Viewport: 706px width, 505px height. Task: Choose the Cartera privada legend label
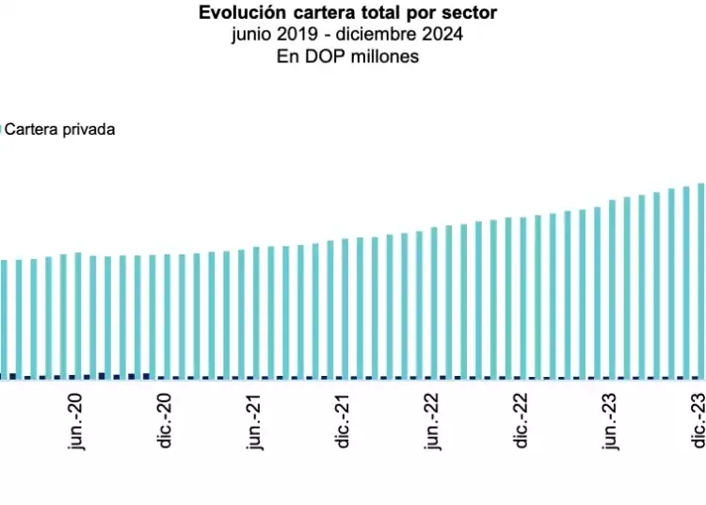point(60,130)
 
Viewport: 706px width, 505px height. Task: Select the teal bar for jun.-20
point(78,316)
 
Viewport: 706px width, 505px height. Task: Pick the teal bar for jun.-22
point(435,302)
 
